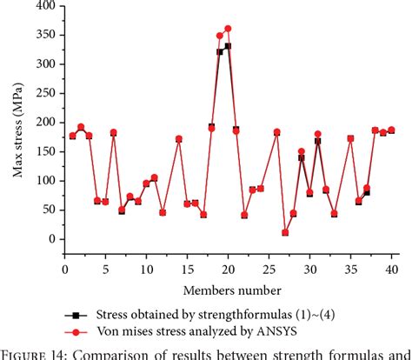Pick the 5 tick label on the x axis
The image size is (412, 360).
pyautogui.click(x=105, y=269)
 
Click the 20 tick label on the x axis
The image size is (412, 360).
pyautogui.click(x=228, y=269)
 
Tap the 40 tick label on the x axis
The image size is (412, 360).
pyautogui.click(x=391, y=269)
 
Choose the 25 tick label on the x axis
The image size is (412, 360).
pyautogui.click(x=269, y=269)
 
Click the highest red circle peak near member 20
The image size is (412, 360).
pyautogui.click(x=228, y=29)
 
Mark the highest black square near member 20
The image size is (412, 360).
pyautogui.click(x=228, y=46)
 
